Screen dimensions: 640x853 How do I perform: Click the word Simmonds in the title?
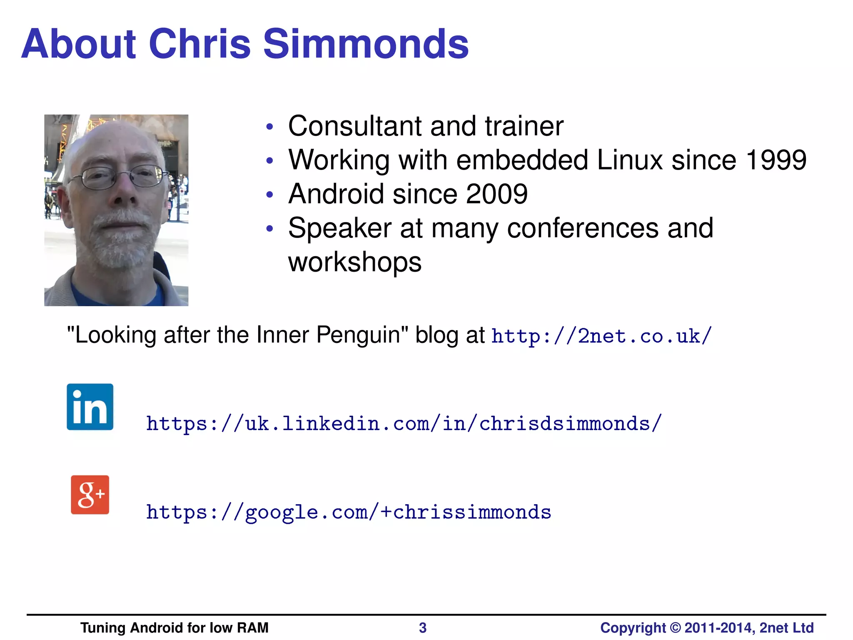click(366, 44)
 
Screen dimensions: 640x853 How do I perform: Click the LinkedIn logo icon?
click(90, 407)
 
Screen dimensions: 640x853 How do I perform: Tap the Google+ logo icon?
click(90, 495)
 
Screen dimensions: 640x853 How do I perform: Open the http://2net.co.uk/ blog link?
click(601, 336)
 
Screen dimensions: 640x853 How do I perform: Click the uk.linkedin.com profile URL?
click(404, 424)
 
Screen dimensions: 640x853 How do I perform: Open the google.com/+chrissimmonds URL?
click(348, 512)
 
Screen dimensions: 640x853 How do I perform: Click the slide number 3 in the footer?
click(422, 627)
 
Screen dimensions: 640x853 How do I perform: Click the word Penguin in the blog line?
click(362, 335)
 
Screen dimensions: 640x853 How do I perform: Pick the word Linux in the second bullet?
click(630, 160)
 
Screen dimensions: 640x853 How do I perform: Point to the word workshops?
click(355, 262)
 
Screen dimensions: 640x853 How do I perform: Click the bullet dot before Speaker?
click(270, 229)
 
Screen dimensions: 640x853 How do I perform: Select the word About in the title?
click(79, 44)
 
